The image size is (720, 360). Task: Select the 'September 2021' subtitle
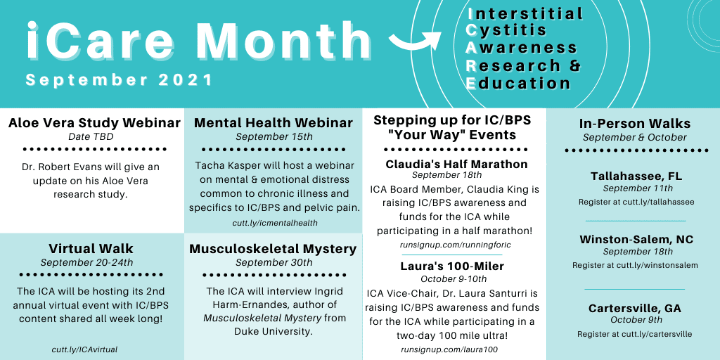120,80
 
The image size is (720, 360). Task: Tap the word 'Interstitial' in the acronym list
525,14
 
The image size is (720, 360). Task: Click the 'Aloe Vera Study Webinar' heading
94,123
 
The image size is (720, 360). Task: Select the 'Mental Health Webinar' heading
274,123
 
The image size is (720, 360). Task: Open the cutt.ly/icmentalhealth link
274,223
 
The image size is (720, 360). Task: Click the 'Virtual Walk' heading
91,249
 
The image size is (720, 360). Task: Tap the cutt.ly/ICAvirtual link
84,349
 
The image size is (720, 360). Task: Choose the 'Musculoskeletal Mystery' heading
273,249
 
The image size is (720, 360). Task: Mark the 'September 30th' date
274,262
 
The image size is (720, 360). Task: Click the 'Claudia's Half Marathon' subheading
456,164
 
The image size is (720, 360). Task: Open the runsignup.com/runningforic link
456,245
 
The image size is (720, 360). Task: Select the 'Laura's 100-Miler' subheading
452,266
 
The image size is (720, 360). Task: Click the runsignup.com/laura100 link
449,349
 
